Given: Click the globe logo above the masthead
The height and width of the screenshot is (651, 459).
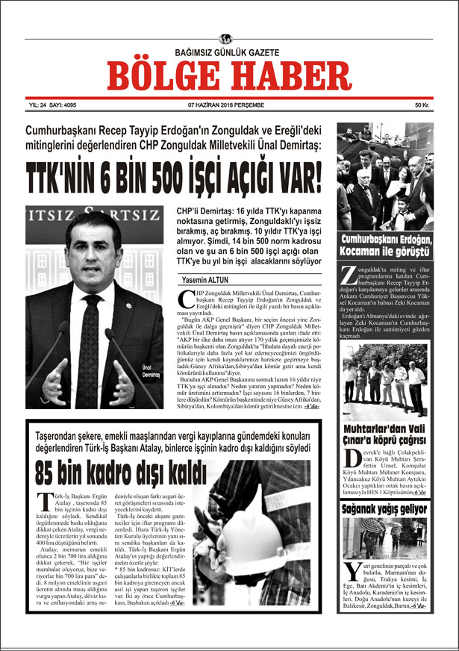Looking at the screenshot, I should [226, 39].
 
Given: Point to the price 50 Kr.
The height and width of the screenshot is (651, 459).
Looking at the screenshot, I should [423, 105].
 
